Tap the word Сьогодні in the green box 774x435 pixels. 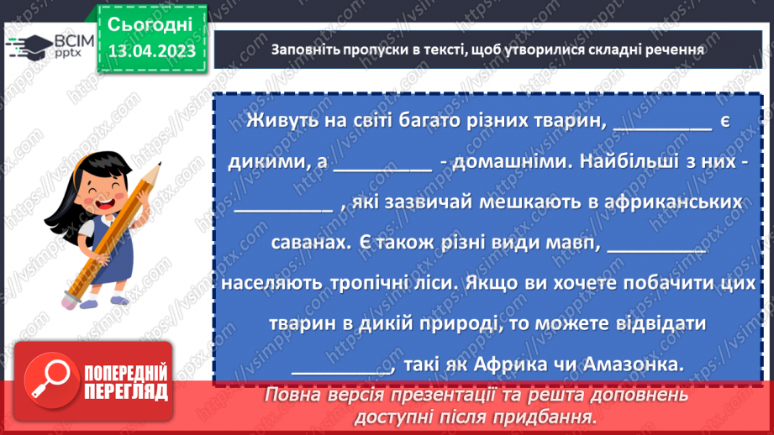(x=150, y=24)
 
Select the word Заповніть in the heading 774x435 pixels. (x=307, y=49)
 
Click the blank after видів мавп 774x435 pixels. (x=656, y=244)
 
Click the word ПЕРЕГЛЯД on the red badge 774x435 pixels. (x=126, y=391)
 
